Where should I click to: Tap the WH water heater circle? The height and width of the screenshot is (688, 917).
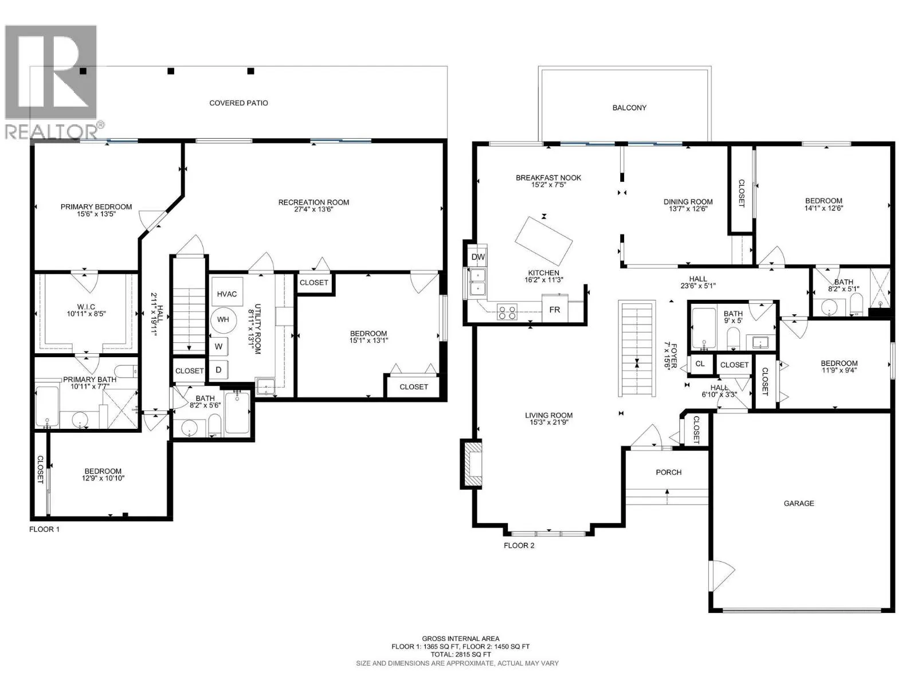[x=223, y=319]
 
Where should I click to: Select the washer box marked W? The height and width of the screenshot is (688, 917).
[x=218, y=347]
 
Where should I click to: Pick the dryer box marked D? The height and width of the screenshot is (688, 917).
[x=218, y=370]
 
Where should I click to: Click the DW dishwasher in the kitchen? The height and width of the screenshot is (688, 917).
[x=478, y=257]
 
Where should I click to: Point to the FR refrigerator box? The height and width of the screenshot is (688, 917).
[x=555, y=309]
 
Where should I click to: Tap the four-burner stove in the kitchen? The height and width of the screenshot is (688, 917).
[x=507, y=312]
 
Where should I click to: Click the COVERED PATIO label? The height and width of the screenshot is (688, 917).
[x=238, y=103]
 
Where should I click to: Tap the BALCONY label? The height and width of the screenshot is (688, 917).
[x=629, y=108]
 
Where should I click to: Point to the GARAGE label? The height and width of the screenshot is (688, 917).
[x=799, y=503]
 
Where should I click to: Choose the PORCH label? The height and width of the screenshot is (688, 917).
[x=668, y=472]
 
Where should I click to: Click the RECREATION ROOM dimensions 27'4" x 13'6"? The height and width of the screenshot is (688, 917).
[x=313, y=209]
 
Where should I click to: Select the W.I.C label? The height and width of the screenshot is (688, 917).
[x=86, y=307]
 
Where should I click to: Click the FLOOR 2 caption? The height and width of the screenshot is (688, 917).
[x=519, y=546]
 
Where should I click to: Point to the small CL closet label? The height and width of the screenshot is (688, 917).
[x=700, y=363]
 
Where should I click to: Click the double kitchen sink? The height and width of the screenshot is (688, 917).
[x=478, y=283]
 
